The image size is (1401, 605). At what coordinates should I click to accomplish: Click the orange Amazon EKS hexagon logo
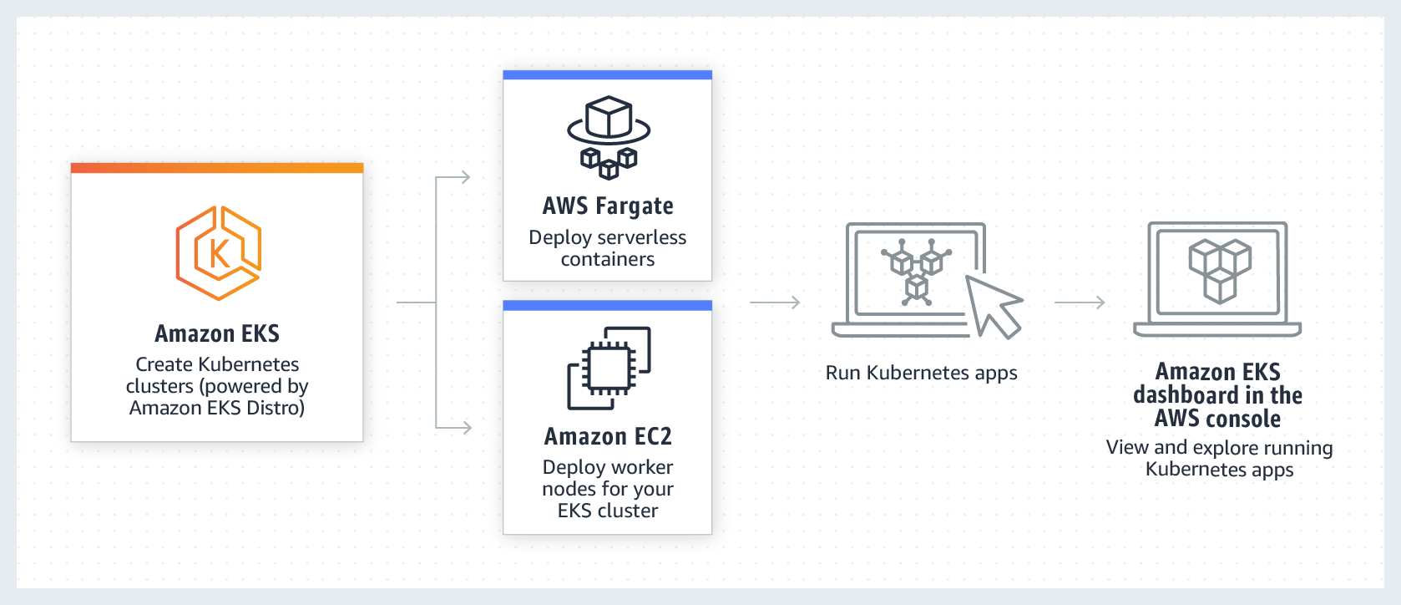[218, 252]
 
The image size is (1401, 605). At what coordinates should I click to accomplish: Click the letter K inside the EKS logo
[219, 253]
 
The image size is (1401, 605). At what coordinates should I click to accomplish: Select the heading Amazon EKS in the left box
[217, 333]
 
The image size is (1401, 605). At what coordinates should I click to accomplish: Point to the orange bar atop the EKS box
[217, 168]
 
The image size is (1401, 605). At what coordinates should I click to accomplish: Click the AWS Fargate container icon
[609, 137]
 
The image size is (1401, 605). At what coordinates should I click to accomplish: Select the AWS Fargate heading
[608, 206]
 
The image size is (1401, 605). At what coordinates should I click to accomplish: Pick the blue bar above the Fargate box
[607, 75]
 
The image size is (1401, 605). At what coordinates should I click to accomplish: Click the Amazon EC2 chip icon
[609, 368]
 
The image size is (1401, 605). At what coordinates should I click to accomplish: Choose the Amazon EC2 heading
[608, 436]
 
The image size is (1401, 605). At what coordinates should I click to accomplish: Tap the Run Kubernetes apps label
[921, 373]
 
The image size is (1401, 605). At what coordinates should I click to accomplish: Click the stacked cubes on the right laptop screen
[1220, 270]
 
